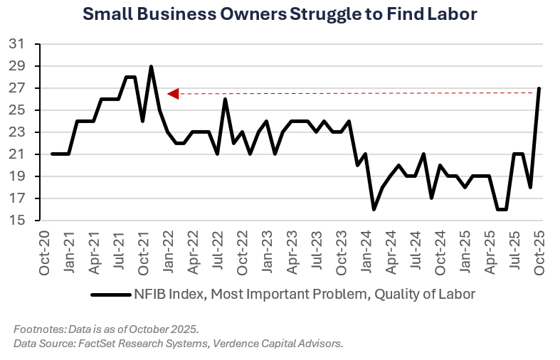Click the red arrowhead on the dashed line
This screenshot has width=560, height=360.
click(x=172, y=93)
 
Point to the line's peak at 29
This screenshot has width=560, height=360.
click(x=151, y=67)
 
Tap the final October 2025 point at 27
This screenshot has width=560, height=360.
click(x=539, y=89)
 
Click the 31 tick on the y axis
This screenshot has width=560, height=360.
click(x=16, y=45)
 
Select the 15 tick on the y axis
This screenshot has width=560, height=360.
click(x=16, y=221)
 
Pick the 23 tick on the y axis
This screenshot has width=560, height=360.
click(x=16, y=132)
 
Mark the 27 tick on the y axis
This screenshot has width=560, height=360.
click(x=16, y=88)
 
